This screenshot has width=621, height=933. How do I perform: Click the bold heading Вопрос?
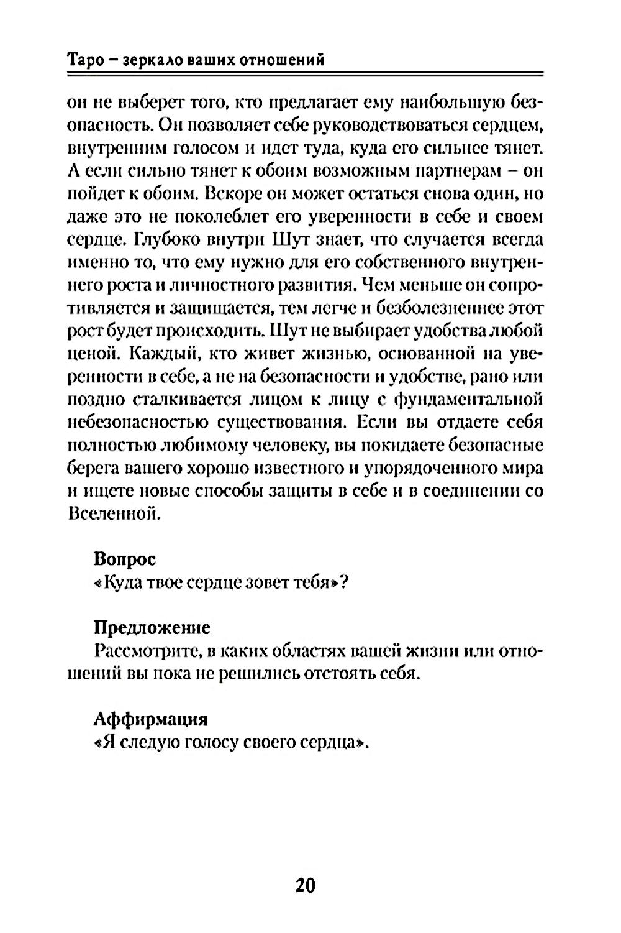tap(124, 558)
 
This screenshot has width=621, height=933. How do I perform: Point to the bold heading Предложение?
tap(152, 627)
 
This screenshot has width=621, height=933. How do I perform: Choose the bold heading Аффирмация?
tap(150, 719)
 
